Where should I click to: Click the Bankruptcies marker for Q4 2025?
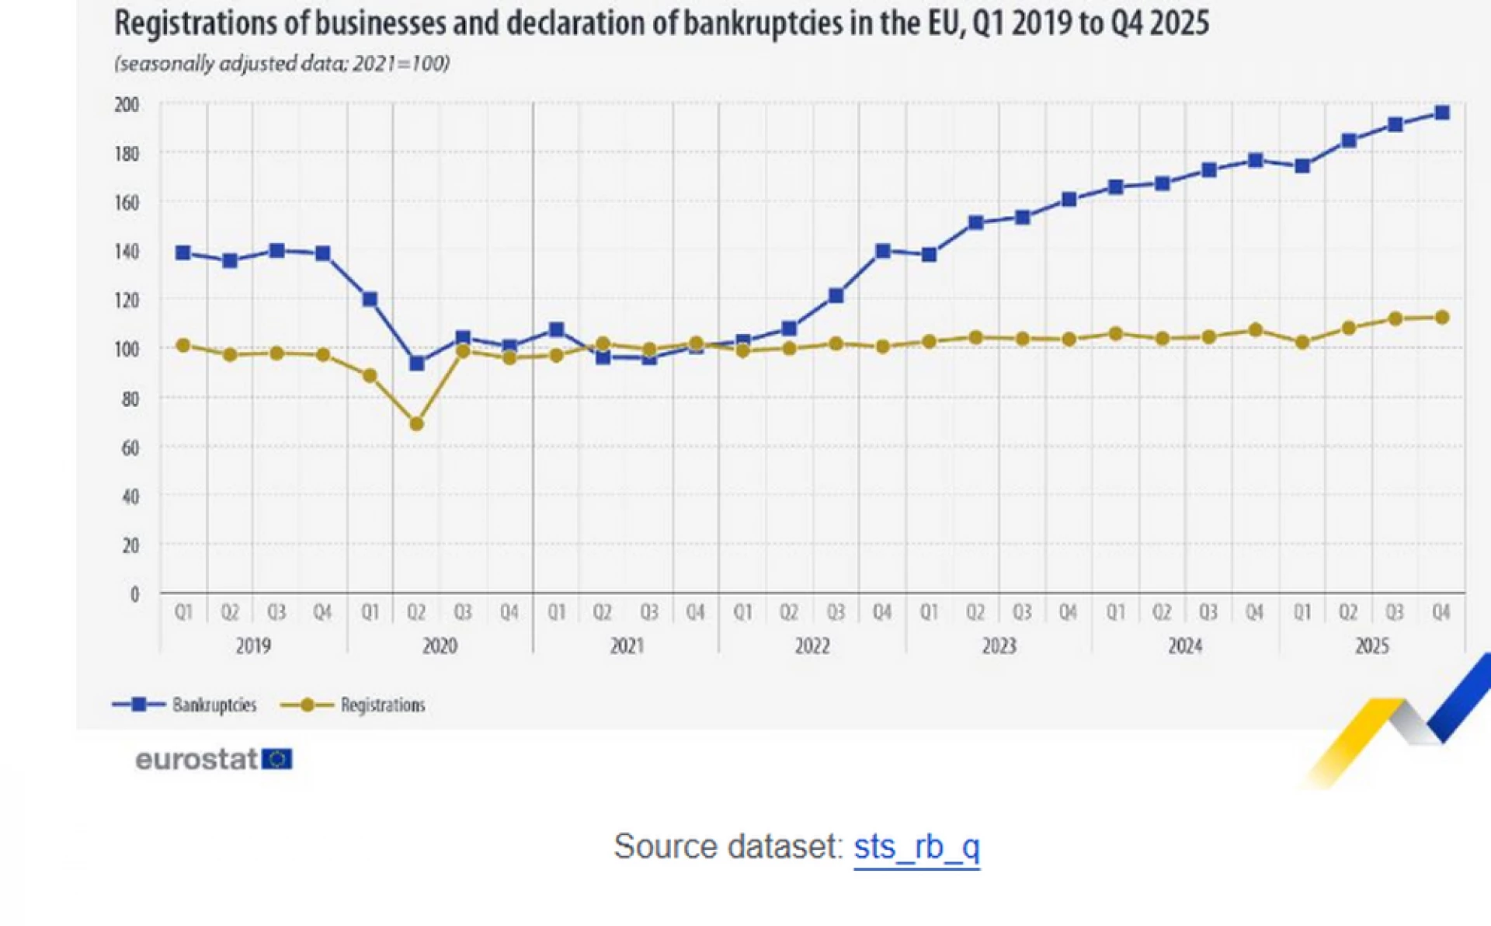pyautogui.click(x=1441, y=113)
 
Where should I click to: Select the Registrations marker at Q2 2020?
pyautogui.click(x=416, y=424)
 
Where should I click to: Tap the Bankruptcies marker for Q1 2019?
pyautogui.click(x=183, y=252)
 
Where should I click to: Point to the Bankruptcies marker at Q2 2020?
pyautogui.click(x=416, y=363)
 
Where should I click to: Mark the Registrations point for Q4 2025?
pyautogui.click(x=1441, y=317)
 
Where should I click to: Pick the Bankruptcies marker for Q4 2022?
pyautogui.click(x=882, y=251)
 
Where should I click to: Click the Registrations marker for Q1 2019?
pyautogui.click(x=183, y=345)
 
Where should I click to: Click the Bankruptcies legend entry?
pyautogui.click(x=184, y=705)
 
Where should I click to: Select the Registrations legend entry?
pyautogui.click(x=353, y=705)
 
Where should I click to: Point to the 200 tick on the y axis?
pyautogui.click(x=127, y=104)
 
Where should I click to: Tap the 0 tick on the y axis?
pyautogui.click(x=134, y=594)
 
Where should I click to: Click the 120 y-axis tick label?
pyautogui.click(x=127, y=300)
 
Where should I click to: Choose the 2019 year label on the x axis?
pyautogui.click(x=253, y=646)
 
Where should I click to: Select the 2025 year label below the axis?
pyautogui.click(x=1371, y=646)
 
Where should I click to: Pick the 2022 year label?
pyautogui.click(x=812, y=646)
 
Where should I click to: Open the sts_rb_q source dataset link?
pyautogui.click(x=916, y=847)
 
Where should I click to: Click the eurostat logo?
pyautogui.click(x=214, y=759)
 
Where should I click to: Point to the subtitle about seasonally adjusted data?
pyautogui.click(x=282, y=64)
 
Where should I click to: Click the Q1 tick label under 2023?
pyautogui.click(x=929, y=612)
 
